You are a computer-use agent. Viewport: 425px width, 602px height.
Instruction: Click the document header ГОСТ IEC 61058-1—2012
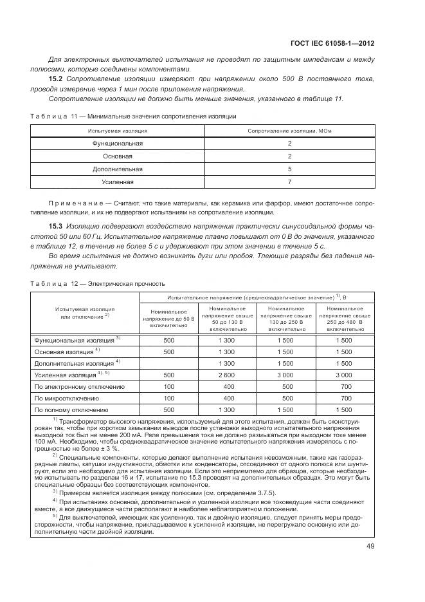coord(334,44)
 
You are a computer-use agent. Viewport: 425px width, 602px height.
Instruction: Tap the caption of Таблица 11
coord(133,117)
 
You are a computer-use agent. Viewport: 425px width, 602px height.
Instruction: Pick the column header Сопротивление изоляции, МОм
coord(289,131)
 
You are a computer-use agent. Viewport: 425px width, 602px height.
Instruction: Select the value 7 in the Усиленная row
coord(289,182)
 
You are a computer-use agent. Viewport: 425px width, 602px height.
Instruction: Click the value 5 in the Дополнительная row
coord(289,169)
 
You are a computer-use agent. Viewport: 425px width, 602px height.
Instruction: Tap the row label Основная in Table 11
coord(118,156)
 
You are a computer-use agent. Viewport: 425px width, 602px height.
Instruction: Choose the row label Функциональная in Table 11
coord(118,144)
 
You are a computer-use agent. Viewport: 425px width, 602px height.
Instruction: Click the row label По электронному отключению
coord(80,386)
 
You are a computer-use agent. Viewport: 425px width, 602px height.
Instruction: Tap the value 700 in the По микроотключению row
coord(347,398)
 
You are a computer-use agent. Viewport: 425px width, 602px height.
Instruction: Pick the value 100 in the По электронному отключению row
coord(169,386)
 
